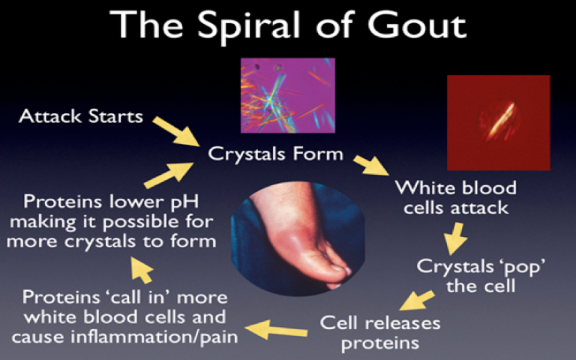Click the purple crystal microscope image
pos(287,95)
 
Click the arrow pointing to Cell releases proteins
pos(417,300)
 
